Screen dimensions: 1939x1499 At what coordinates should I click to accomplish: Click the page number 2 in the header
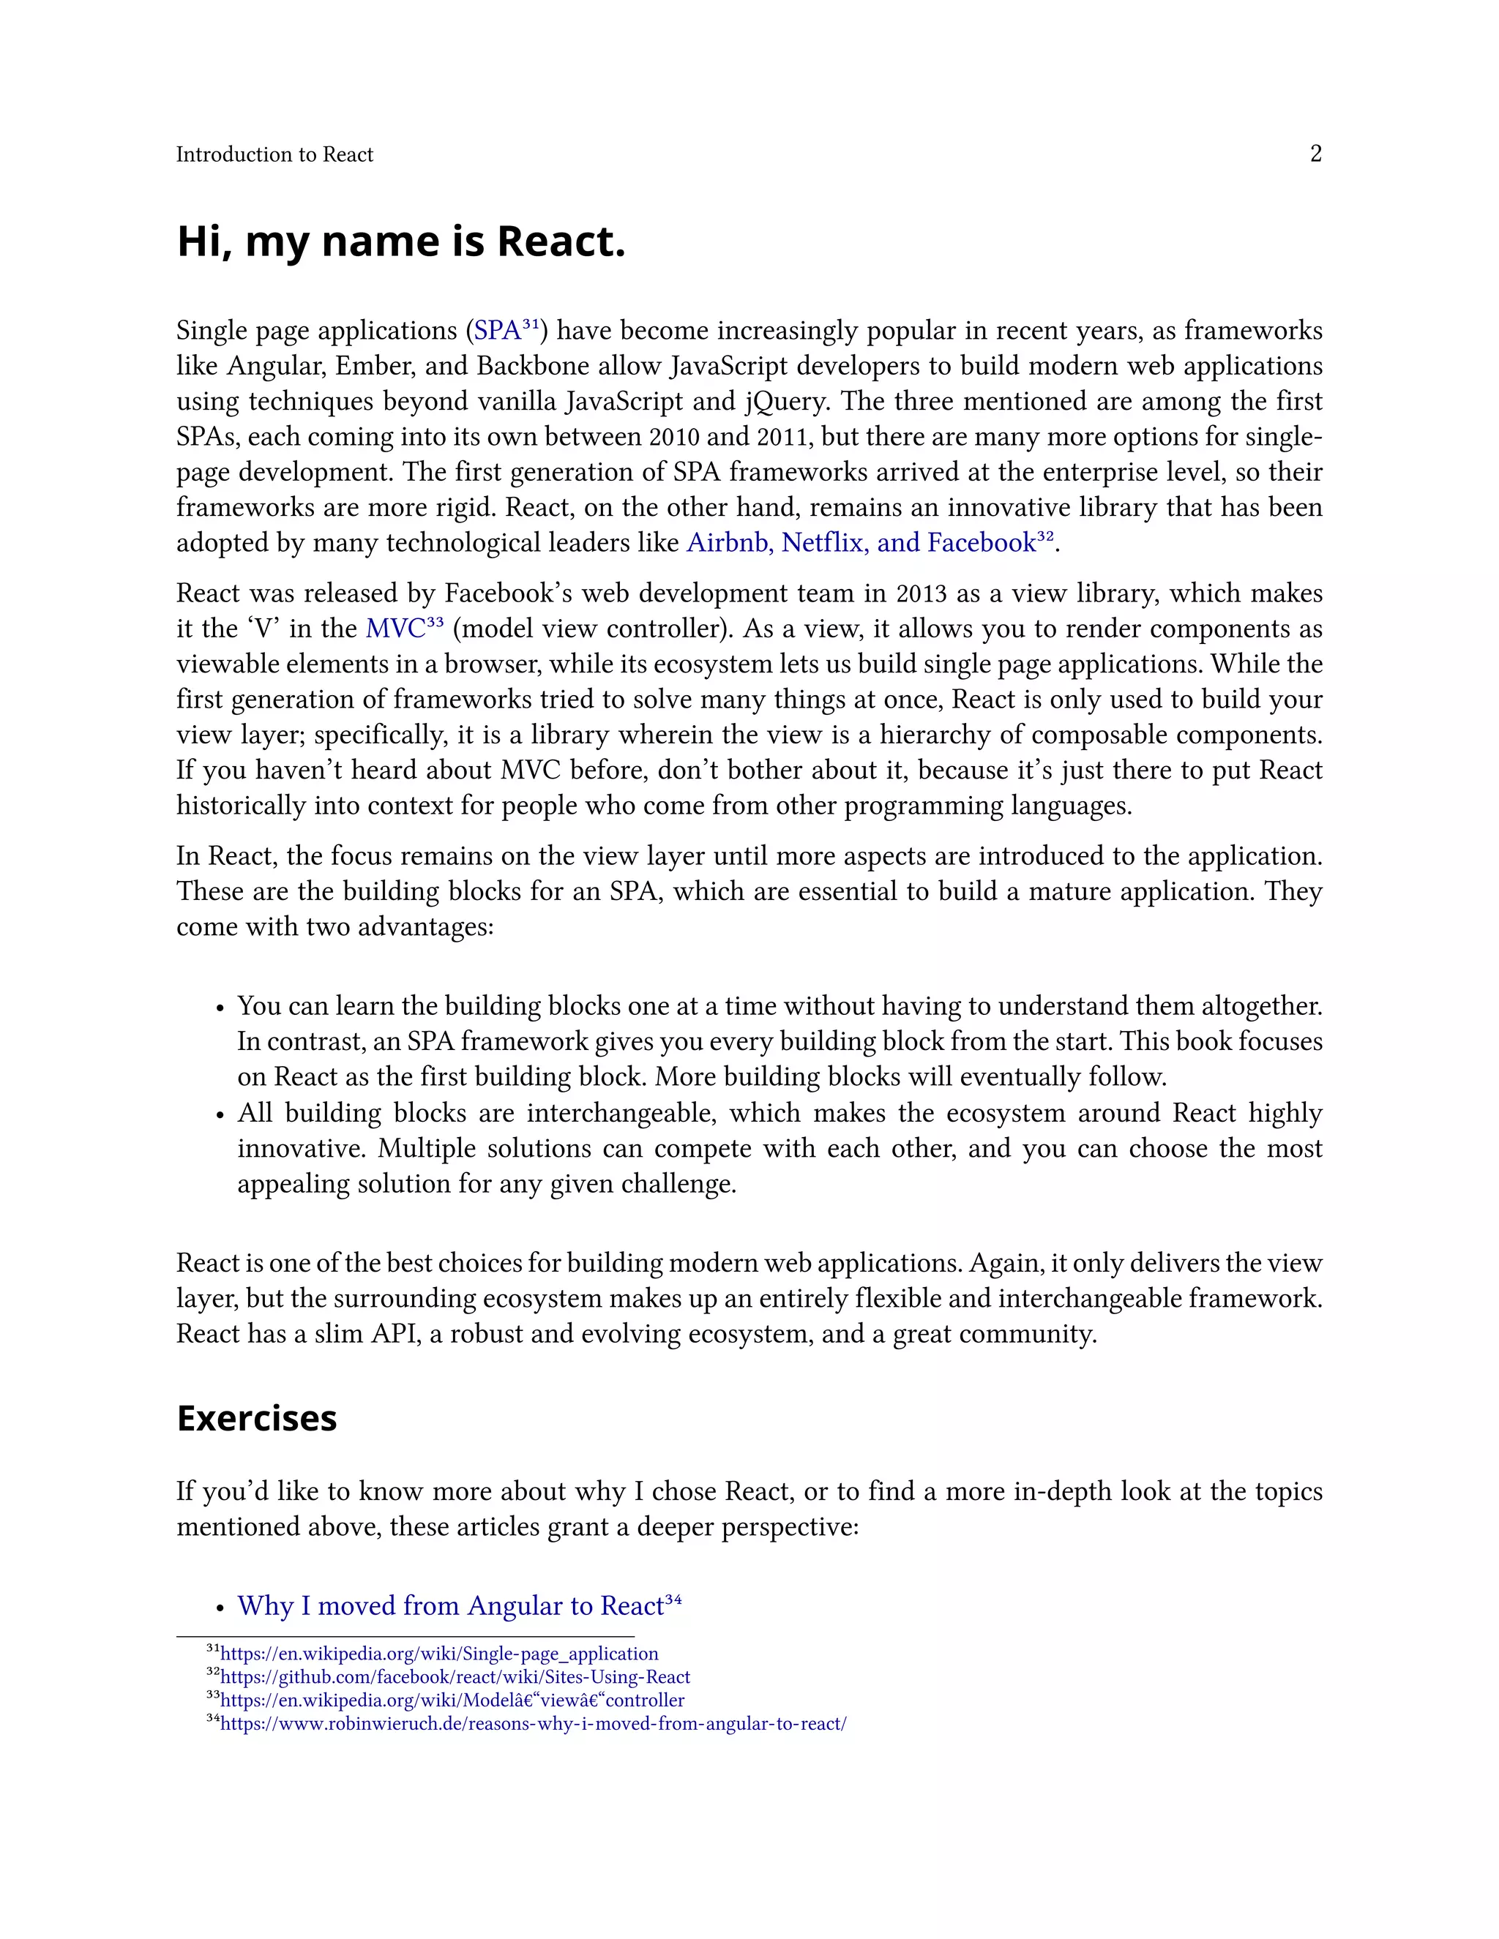pyautogui.click(x=1315, y=154)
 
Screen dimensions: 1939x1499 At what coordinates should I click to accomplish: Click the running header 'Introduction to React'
pyautogui.click(x=274, y=154)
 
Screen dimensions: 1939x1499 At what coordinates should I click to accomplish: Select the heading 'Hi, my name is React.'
pyautogui.click(x=401, y=241)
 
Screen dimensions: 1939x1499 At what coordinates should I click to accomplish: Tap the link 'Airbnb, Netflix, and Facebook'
pyautogui.click(x=861, y=542)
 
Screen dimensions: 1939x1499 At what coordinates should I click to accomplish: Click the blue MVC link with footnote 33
pyautogui.click(x=396, y=629)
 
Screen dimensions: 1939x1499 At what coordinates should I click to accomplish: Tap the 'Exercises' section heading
pyautogui.click(x=257, y=1418)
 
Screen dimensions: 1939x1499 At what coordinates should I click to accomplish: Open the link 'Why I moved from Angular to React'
pyautogui.click(x=450, y=1606)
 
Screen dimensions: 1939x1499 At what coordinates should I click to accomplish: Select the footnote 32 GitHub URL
pyautogui.click(x=455, y=1677)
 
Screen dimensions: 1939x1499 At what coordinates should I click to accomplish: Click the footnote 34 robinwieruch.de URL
pyautogui.click(x=533, y=1724)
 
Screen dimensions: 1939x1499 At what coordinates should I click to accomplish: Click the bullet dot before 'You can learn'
pyautogui.click(x=220, y=1008)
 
